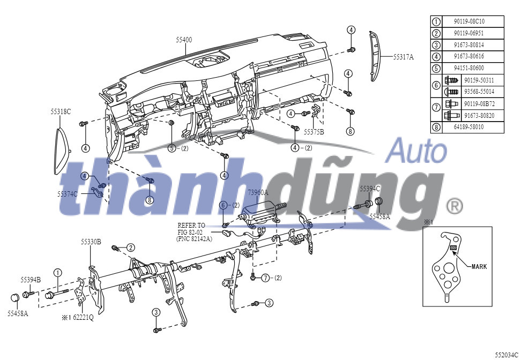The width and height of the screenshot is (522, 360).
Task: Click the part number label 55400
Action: (x=184, y=40)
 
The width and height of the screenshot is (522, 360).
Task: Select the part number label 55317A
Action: (x=404, y=56)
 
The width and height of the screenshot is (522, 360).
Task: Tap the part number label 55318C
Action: (x=61, y=111)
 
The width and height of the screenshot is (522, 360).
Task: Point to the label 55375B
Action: (x=314, y=131)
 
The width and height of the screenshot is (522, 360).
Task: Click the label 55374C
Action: (x=68, y=193)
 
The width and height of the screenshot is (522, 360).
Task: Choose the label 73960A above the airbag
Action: (x=258, y=192)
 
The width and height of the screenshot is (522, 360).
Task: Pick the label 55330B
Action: (x=91, y=242)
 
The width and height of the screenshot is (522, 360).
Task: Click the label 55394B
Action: (x=31, y=279)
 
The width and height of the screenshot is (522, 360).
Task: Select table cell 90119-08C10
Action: (x=469, y=22)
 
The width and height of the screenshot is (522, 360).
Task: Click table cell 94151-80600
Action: (x=469, y=68)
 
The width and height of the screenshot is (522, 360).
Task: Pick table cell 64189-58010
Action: (x=469, y=127)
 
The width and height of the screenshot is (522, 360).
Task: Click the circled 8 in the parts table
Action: (x=436, y=127)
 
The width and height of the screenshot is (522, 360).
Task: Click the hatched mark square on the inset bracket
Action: (x=452, y=248)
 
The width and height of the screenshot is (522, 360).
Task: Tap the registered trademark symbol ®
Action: (x=454, y=205)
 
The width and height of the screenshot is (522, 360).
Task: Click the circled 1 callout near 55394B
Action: (x=57, y=273)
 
